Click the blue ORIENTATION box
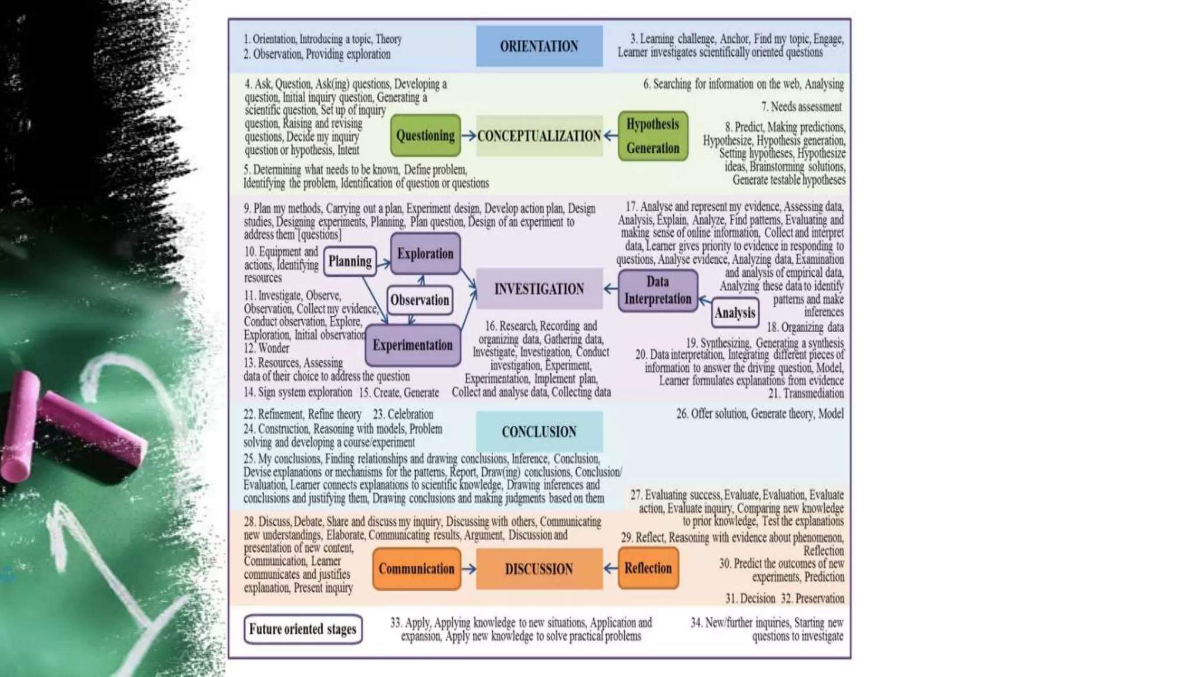click(539, 46)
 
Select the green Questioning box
click(425, 135)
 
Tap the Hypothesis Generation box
click(653, 136)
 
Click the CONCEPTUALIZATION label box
click(539, 136)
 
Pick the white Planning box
click(350, 261)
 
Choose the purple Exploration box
click(425, 253)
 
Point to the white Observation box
click(420, 300)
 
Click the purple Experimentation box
click(413, 345)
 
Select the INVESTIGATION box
click(539, 289)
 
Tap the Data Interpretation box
click(658, 290)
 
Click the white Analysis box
click(735, 313)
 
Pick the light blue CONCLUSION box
click(539, 431)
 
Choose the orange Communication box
click(416, 568)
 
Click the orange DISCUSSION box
click(539, 568)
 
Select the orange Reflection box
click(648, 568)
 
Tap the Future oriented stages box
click(303, 629)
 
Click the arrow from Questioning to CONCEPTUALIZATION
click(469, 136)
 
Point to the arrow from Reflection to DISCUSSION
click(610, 568)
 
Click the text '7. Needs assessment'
click(801, 106)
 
